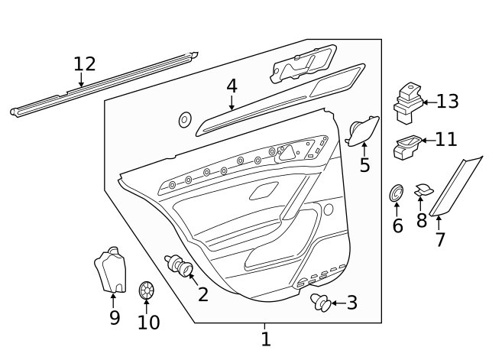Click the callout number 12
coord(86,63)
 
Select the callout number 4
coord(232,86)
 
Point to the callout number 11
coord(445,139)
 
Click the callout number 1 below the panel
coord(265,339)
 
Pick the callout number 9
coord(115,317)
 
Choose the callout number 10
coord(148,322)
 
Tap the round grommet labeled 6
coord(397,193)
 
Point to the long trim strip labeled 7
coord(455,186)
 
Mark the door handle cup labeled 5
coord(361,130)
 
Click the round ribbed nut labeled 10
coord(147,290)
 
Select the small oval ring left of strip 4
coord(184,119)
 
